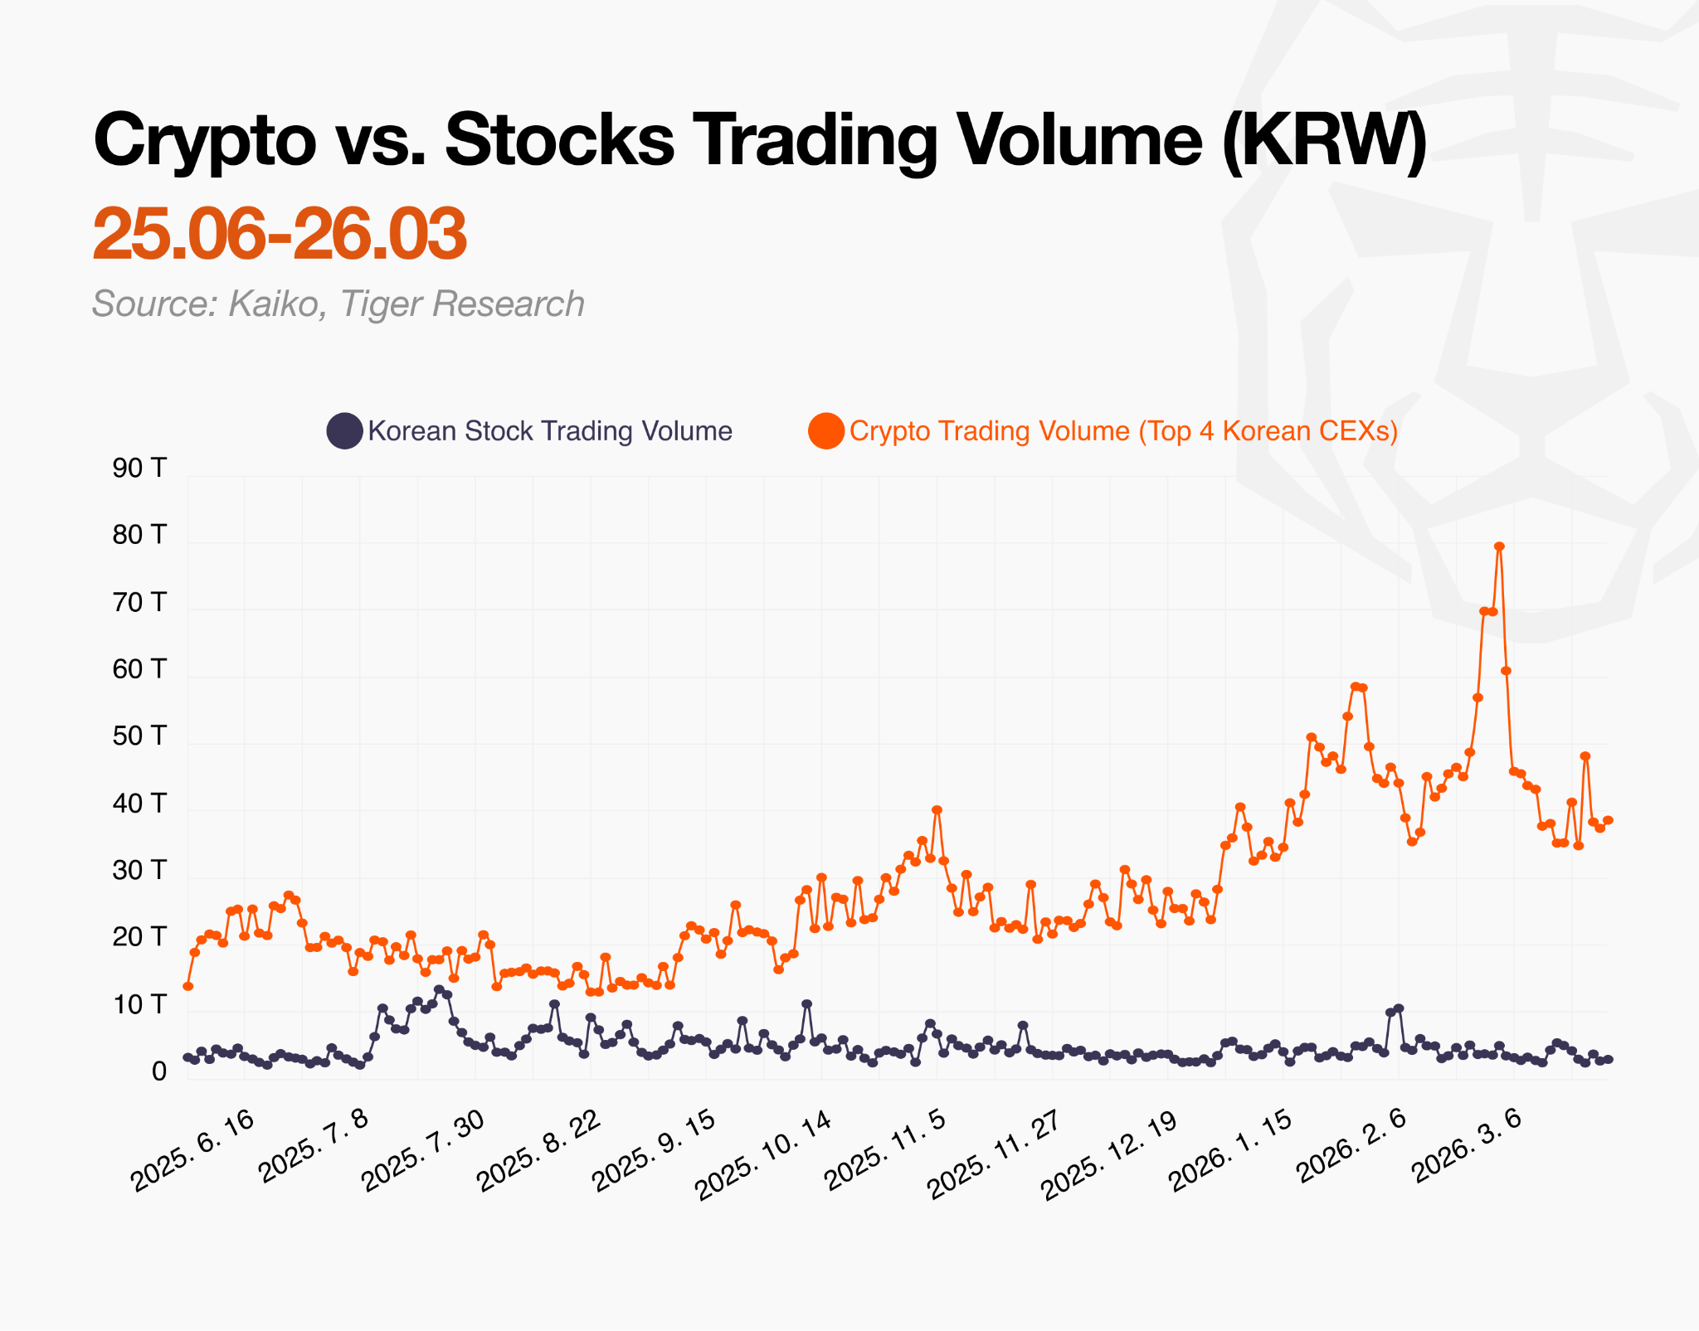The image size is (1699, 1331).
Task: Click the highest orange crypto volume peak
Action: click(1499, 546)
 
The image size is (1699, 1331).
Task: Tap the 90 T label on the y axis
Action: click(139, 469)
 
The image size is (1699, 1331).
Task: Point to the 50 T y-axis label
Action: click(139, 736)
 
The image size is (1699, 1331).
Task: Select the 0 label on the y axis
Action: click(158, 1072)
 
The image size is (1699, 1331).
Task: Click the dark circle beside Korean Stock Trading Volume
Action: click(343, 431)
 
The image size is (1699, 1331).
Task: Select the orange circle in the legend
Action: click(826, 431)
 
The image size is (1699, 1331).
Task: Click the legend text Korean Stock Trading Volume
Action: click(550, 431)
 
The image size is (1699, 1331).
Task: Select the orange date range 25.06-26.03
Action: click(280, 234)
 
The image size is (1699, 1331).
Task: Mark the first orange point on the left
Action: click(188, 986)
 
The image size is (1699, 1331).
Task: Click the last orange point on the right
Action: click(1608, 820)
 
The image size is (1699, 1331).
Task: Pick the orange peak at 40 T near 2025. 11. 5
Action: click(937, 809)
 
